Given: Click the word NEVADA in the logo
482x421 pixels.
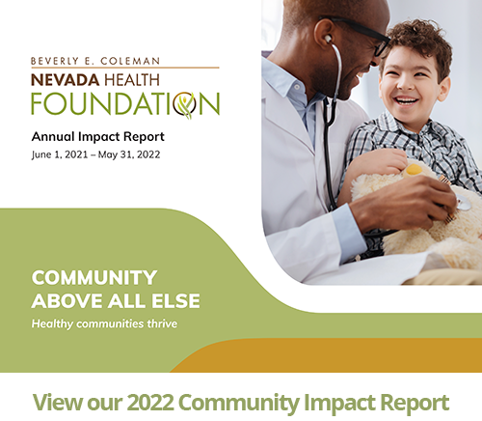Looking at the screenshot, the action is click(x=66, y=80).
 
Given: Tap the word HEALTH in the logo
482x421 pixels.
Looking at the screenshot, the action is click(x=132, y=80).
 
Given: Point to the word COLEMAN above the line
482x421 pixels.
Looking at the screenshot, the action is click(x=130, y=61).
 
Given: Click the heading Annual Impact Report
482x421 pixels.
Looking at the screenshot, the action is click(x=98, y=137).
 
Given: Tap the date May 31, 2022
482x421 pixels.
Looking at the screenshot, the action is click(x=129, y=154).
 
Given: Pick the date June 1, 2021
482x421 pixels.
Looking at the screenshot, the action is click(x=60, y=154).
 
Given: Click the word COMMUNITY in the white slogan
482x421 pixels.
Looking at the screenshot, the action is click(x=94, y=277).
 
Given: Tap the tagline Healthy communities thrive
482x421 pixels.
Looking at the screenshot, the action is click(x=104, y=323).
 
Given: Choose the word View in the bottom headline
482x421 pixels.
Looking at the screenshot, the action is click(x=57, y=402).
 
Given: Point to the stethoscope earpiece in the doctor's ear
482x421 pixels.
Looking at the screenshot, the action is click(x=328, y=40).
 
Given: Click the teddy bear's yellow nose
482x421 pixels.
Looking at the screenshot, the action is click(x=414, y=169).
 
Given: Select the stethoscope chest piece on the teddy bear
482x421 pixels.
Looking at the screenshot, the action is click(x=463, y=203).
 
